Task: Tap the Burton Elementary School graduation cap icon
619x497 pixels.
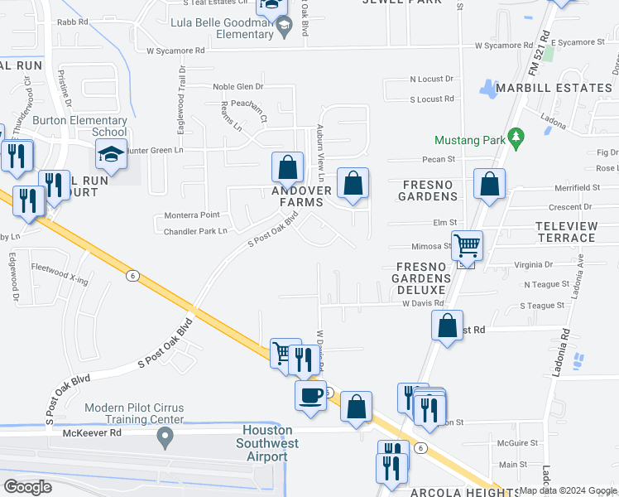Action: click(111, 154)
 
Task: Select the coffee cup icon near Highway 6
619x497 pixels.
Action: click(310, 394)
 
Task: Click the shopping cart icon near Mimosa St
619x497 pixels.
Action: click(467, 245)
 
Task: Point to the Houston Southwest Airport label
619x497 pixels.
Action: click(267, 437)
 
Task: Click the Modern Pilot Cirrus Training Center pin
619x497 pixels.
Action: click(165, 437)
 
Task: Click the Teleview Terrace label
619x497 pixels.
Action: click(565, 232)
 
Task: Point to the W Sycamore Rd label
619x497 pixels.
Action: click(175, 51)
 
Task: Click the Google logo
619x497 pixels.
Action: click(27, 487)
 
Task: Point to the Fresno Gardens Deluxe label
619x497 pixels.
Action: click(424, 278)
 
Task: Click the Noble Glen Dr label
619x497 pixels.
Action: click(238, 86)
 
